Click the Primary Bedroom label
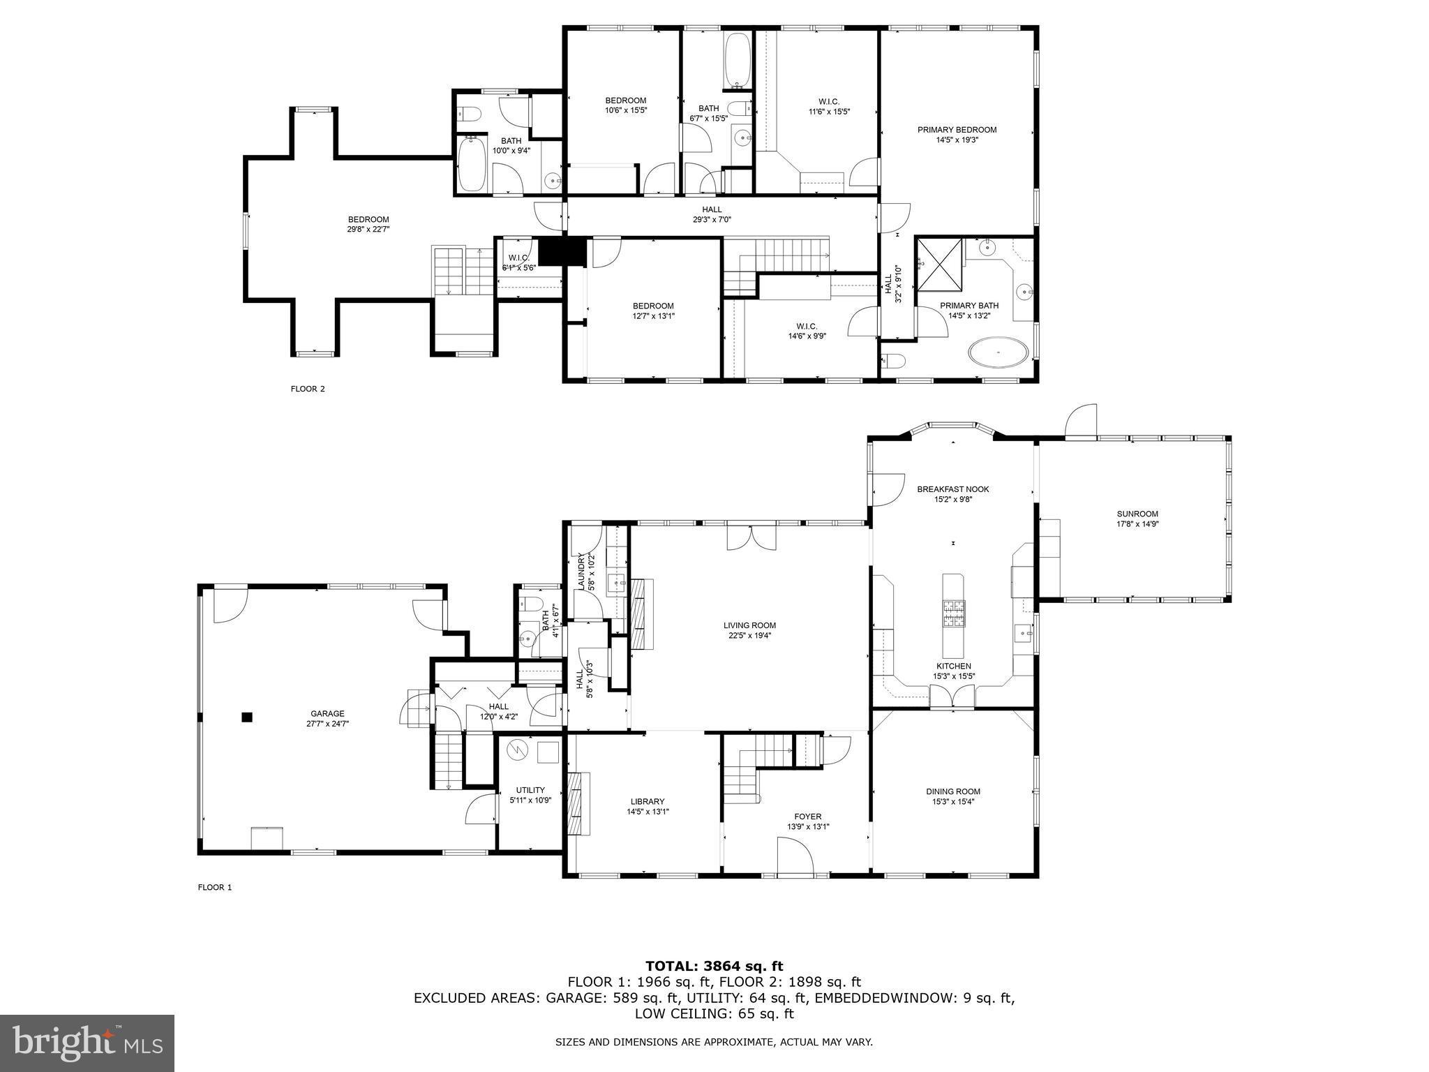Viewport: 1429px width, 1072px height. (x=957, y=130)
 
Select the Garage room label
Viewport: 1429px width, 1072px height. (x=327, y=713)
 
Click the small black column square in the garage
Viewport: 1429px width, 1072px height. (x=246, y=717)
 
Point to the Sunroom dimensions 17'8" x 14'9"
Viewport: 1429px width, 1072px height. (x=1137, y=524)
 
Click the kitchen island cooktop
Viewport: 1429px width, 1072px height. (x=953, y=613)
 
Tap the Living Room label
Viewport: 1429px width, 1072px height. (x=749, y=625)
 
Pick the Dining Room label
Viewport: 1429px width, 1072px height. (x=953, y=791)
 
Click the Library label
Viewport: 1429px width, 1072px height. (x=648, y=801)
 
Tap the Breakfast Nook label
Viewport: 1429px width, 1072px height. (x=953, y=489)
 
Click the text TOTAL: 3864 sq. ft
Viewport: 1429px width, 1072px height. (x=714, y=966)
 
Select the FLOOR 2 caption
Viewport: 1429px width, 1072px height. (x=308, y=389)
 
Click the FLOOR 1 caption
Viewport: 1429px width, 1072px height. (x=215, y=887)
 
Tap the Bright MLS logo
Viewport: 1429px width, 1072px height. (x=87, y=1043)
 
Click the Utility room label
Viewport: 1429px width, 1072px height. (x=530, y=790)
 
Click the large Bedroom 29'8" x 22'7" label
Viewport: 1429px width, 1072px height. (x=368, y=219)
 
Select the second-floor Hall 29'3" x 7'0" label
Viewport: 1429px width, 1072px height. (x=712, y=209)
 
